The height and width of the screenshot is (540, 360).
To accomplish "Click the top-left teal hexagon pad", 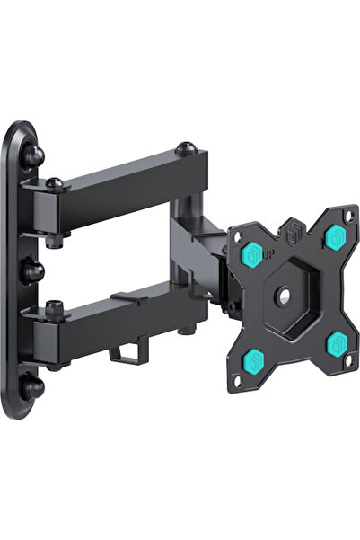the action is (x=253, y=254).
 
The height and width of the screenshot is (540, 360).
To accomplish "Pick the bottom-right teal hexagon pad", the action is (x=337, y=343).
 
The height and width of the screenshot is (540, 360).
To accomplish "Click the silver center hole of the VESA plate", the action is (x=285, y=296).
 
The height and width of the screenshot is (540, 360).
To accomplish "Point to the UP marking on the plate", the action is (x=270, y=255).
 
